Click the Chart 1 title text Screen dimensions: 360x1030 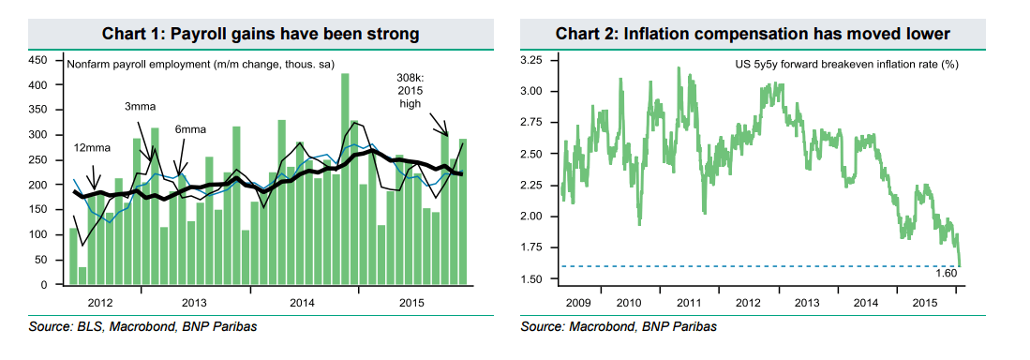(260, 34)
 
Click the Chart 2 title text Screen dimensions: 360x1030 (753, 34)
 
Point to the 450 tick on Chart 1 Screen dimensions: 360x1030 (39, 60)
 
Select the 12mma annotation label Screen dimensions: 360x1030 (91, 148)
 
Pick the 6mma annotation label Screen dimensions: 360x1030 (191, 127)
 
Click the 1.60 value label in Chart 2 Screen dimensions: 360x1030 (946, 273)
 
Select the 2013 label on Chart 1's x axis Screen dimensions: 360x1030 (194, 303)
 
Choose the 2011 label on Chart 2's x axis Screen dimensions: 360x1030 (689, 303)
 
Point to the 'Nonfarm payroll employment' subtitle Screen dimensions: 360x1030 (202, 64)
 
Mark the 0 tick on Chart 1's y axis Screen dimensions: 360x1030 (45, 284)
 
